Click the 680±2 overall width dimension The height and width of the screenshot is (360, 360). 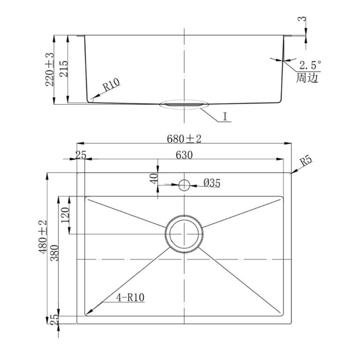(184, 139)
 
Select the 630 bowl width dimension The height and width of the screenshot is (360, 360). (184, 155)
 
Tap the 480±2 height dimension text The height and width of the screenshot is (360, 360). (43, 237)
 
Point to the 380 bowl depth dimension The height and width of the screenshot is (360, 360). (55, 253)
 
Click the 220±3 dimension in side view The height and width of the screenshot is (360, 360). (49, 69)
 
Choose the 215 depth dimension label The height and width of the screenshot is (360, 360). (64, 68)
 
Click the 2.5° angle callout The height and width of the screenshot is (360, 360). (310, 65)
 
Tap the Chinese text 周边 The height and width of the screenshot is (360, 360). (307, 78)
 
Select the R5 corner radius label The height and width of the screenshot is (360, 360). (307, 161)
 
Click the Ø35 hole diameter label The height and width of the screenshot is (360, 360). (212, 183)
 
